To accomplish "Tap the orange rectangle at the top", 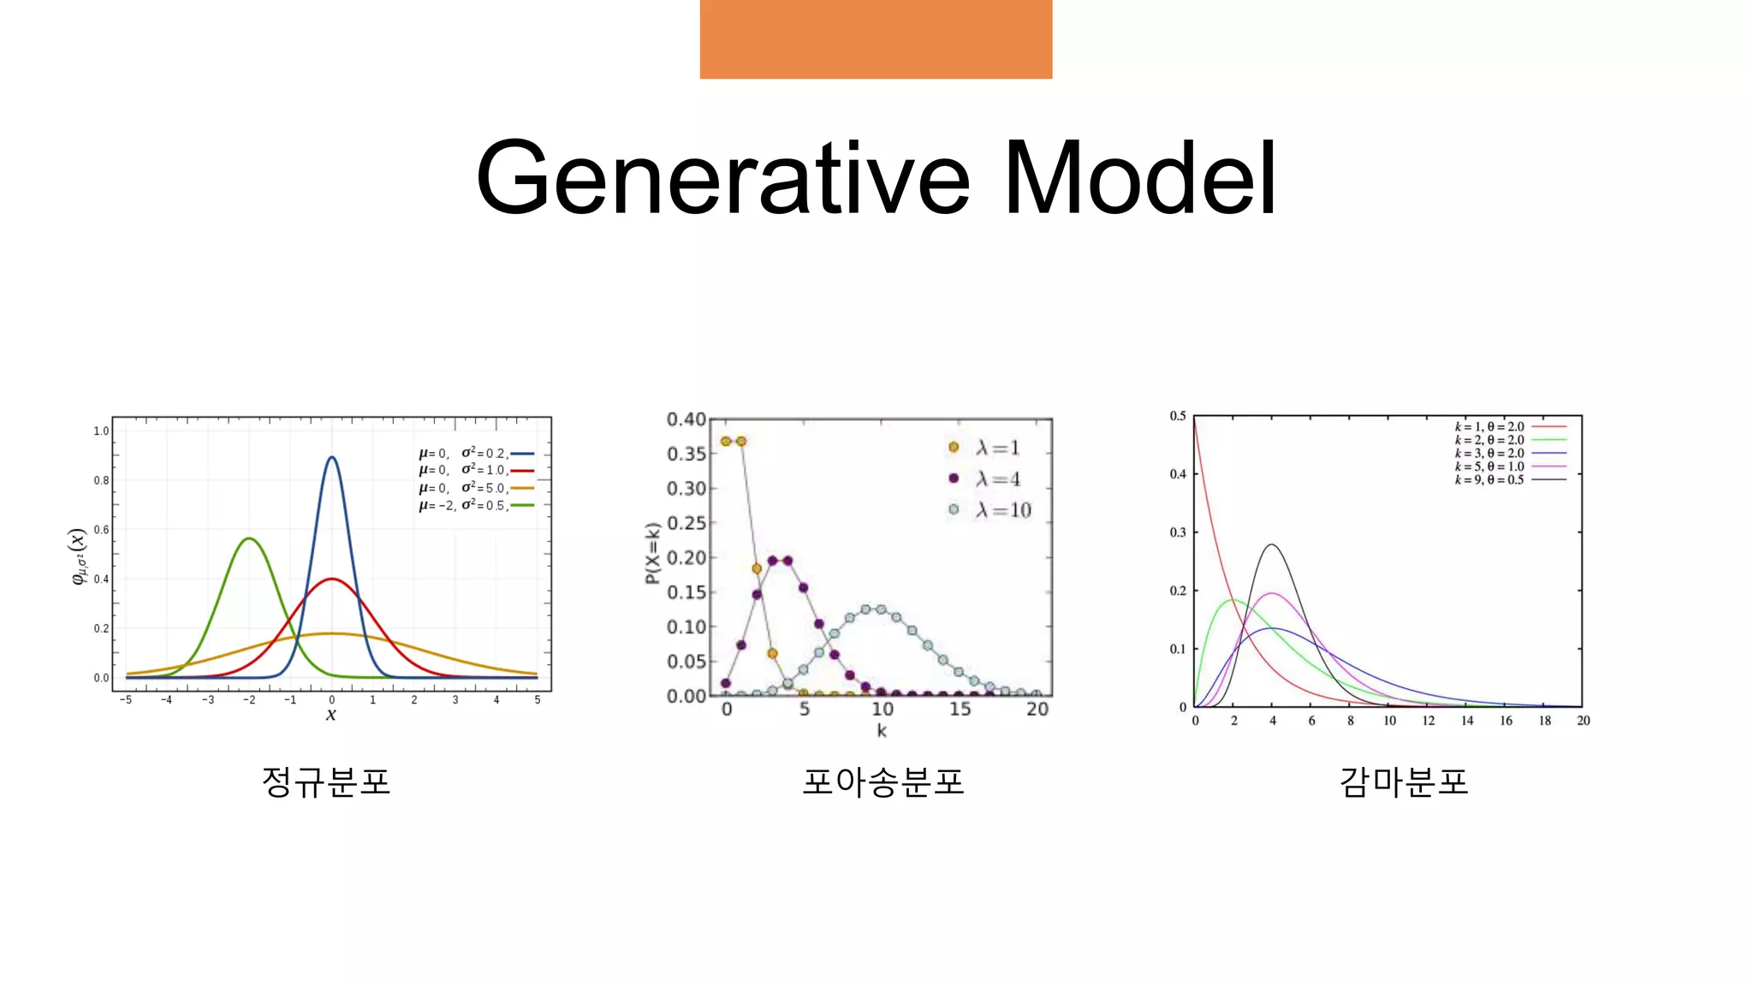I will [876, 39].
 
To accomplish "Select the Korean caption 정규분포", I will [326, 781].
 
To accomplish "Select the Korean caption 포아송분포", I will [882, 781].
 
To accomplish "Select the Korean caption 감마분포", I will [1404, 781].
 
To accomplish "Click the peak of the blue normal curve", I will [332, 458].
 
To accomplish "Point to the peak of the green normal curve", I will [249, 539].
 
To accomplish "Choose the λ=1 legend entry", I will [986, 448].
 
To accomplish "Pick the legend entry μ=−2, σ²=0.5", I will [475, 506].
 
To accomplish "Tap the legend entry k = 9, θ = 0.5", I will [1509, 480].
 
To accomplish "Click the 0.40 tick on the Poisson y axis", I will [686, 419].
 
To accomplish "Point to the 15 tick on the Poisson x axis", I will [960, 710].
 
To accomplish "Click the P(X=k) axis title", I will [652, 553].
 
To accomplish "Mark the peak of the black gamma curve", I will [1272, 545].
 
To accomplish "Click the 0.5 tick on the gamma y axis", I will [1178, 416].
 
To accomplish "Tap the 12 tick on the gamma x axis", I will [1428, 721].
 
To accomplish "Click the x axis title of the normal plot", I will [331, 715].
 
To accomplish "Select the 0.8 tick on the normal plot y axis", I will [101, 480].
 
